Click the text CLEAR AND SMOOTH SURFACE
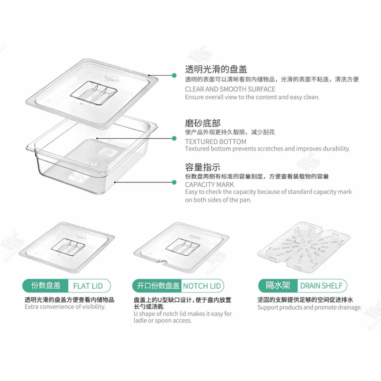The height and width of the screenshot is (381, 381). tap(230, 89)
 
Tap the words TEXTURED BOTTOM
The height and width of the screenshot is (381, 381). tap(216, 141)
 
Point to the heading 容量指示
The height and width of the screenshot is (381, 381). tap(202, 167)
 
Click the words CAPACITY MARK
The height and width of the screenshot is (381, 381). tap(210, 184)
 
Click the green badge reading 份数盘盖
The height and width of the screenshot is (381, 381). tap(46, 286)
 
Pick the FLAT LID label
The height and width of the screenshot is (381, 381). tap(88, 286)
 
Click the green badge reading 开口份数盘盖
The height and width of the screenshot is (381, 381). tap(158, 286)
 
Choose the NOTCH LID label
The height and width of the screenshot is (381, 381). tap(202, 286)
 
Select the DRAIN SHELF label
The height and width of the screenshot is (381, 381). tap(321, 286)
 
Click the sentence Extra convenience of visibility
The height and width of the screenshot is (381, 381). tap(65, 307)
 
